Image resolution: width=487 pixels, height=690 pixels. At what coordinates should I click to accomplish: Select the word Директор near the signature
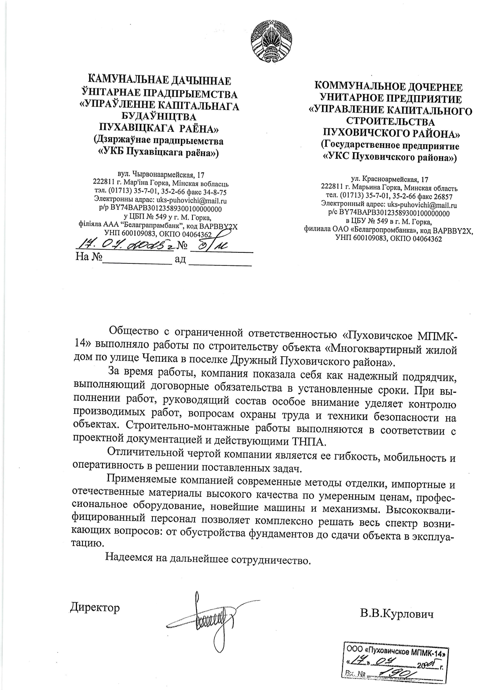(95, 607)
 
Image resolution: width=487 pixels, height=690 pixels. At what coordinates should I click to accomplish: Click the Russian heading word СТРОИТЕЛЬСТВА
(390, 121)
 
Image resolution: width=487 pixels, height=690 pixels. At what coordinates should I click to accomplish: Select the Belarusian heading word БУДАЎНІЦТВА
(159, 117)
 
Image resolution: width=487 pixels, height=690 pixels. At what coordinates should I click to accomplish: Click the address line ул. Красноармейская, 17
(389, 180)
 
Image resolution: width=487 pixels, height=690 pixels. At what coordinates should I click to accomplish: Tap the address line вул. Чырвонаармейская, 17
(161, 175)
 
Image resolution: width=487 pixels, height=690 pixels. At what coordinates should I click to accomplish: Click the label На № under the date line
(88, 258)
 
